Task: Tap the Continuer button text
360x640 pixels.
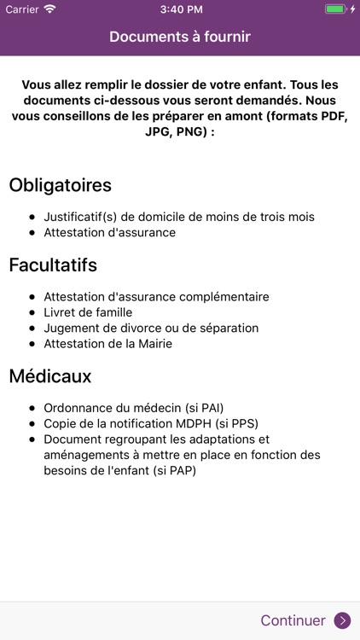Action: pyautogui.click(x=293, y=620)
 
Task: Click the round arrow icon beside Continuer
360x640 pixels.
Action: pyautogui.click(x=342, y=620)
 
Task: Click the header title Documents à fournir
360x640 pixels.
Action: pyautogui.click(x=180, y=37)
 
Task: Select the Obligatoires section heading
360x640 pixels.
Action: pyautogui.click(x=60, y=184)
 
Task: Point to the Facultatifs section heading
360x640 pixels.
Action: pyautogui.click(x=53, y=265)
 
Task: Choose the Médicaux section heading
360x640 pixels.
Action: pyautogui.click(x=49, y=375)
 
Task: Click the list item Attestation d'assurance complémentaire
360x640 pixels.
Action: pyautogui.click(x=156, y=297)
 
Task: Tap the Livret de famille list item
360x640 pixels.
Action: pyautogui.click(x=87, y=312)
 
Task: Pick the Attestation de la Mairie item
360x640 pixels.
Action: pyautogui.click(x=107, y=343)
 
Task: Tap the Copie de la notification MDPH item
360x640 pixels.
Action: pyautogui.click(x=151, y=423)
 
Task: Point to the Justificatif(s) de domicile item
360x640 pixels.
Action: pyautogui.click(x=179, y=217)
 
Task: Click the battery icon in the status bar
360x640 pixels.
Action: pyautogui.click(x=335, y=9)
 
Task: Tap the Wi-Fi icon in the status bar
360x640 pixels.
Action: pyautogui.click(x=49, y=9)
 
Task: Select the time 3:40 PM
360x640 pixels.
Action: pyautogui.click(x=180, y=9)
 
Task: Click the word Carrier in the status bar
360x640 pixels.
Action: pyautogui.click(x=21, y=9)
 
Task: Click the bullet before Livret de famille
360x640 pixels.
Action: pyautogui.click(x=32, y=312)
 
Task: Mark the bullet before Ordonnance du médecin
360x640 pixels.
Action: pyautogui.click(x=32, y=408)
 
